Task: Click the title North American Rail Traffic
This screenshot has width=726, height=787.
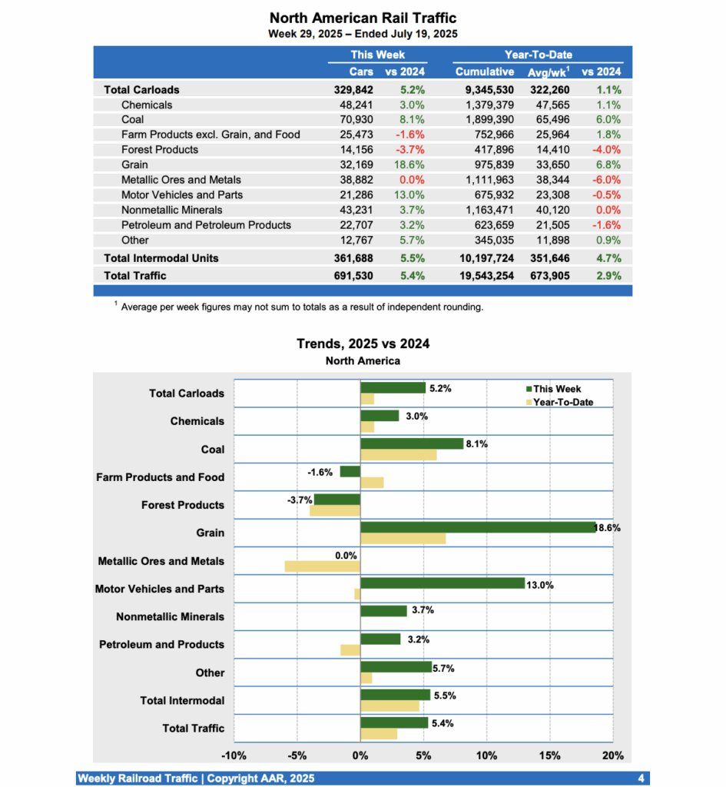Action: pos(363,18)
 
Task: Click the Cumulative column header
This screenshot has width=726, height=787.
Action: pos(485,71)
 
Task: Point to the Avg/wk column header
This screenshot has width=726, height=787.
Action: pos(548,71)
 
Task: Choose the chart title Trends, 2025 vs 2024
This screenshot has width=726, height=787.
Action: pos(363,344)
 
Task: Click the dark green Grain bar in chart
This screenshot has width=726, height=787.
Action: pos(478,527)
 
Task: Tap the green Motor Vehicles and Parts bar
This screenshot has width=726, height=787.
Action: pos(442,583)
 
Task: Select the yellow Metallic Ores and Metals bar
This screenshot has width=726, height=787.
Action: pos(322,566)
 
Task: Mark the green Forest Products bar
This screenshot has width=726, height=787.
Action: pos(336,500)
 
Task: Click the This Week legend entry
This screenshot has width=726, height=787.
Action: pos(556,389)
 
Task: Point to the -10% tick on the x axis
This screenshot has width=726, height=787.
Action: pos(234,755)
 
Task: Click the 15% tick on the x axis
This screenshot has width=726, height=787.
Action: pos(550,755)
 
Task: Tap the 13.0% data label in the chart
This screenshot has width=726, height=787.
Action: pos(539,585)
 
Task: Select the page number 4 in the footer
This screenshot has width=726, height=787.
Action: pos(641,779)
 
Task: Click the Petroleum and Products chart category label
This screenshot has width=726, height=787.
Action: pos(161,645)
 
